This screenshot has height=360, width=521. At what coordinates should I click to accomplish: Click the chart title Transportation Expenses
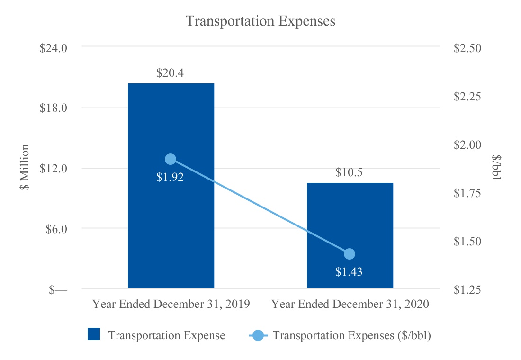pos(260,21)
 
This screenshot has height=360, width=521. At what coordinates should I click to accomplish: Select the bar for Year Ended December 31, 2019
pos(171,186)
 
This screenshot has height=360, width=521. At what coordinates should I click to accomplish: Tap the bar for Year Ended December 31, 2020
pos(350,235)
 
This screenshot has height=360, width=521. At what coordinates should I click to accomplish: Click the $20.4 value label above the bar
pos(170,73)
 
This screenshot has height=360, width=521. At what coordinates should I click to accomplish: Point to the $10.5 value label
pos(349,172)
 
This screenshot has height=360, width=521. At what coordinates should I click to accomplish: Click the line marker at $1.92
pos(171,159)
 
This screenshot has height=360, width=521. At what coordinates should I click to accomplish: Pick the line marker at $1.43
pos(350,254)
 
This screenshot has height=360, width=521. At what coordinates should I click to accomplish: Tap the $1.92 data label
pos(170,177)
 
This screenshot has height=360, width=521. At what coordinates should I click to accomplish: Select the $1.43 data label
pos(349,271)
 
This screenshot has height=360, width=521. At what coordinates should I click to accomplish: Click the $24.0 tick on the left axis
pos(53,48)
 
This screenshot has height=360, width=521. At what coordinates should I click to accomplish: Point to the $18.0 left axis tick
pos(53,108)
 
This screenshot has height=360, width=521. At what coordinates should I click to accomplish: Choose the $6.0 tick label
pos(56,229)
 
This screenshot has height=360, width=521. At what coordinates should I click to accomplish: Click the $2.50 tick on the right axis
pos(467,48)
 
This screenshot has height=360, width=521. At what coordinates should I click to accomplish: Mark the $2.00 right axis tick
pos(467,144)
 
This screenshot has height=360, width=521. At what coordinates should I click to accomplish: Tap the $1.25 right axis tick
pos(467,289)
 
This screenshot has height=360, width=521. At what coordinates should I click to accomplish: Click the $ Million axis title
pos(25,167)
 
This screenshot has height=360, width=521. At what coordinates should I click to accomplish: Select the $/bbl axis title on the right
pos(496,167)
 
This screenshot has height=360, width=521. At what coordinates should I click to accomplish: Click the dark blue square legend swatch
pos(94,334)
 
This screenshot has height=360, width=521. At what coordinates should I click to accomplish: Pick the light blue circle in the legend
pos(258,335)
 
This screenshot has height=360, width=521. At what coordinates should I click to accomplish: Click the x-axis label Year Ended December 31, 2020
pos(350,304)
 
